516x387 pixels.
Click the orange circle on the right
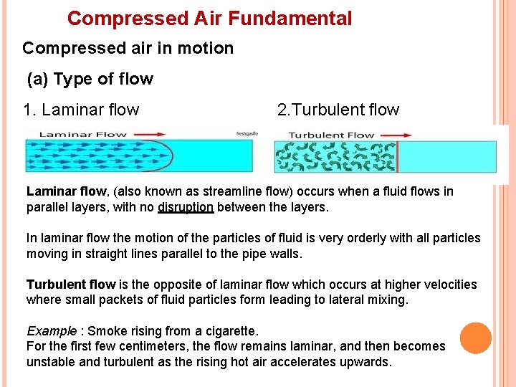pyautogui.click(x=475, y=338)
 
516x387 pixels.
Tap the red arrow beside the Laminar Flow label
pyautogui.click(x=149, y=134)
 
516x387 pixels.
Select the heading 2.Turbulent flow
pyautogui.click(x=338, y=110)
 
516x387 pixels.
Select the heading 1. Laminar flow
pyautogui.click(x=81, y=110)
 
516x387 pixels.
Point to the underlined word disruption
pyautogui.click(x=186, y=208)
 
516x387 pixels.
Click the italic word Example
pyautogui.click(x=51, y=331)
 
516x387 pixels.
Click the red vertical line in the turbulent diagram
pyautogui.click(x=397, y=156)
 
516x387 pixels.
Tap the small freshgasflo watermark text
pyautogui.click(x=247, y=133)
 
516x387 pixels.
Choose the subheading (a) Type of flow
pyautogui.click(x=90, y=79)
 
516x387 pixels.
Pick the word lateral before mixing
pyautogui.click(x=343, y=300)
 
